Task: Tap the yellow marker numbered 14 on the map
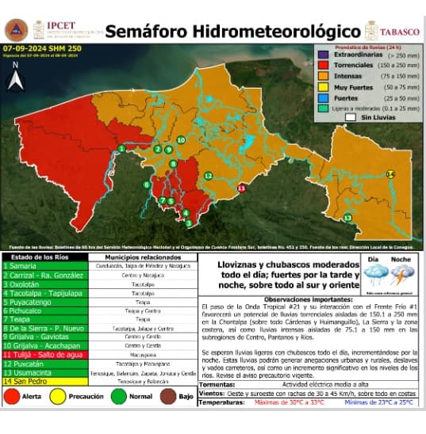pyautogui.click(x=390, y=173)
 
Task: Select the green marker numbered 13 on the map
pyautogui.click(x=347, y=217)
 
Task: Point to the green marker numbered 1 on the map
pyautogui.click(x=121, y=148)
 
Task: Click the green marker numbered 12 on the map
pyautogui.click(x=208, y=175)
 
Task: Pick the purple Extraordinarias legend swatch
pyautogui.click(x=324, y=55)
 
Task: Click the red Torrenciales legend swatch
pyautogui.click(x=324, y=66)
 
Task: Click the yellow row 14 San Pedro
pyautogui.click(x=44, y=381)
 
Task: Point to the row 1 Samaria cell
pyautogui.click(x=44, y=265)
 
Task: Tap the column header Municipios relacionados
pyautogui.click(x=141, y=257)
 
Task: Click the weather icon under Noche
pyautogui.click(x=401, y=275)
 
